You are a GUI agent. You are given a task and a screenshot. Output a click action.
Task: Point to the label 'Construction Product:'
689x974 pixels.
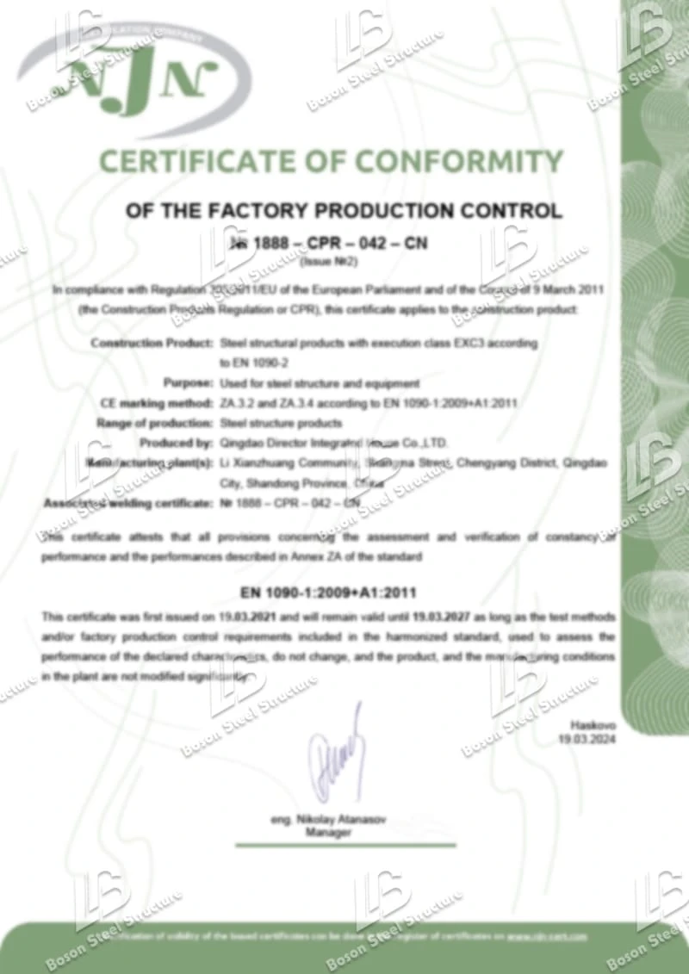pyautogui.click(x=152, y=343)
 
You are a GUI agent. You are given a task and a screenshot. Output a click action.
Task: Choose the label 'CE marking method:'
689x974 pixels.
pyautogui.click(x=156, y=403)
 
